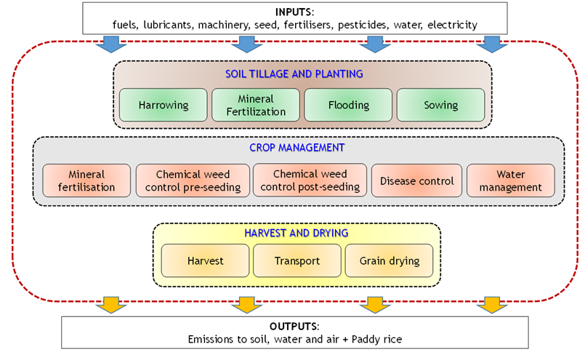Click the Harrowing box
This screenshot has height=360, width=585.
[x=163, y=105]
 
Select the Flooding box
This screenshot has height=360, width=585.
[x=348, y=105]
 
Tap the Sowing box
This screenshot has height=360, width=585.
[x=440, y=105]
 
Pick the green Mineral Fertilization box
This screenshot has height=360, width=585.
[x=256, y=105]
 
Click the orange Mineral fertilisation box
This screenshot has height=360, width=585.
[x=86, y=180]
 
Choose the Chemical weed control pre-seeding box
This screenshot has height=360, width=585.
[x=193, y=180]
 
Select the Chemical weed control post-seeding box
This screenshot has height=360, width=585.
[x=310, y=180]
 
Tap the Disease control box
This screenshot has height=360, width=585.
[x=416, y=180]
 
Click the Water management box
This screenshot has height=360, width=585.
[x=511, y=180]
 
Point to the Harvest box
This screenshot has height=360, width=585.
[x=205, y=260]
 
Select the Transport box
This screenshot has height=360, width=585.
[x=297, y=260]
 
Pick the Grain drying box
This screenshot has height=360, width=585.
[x=389, y=260]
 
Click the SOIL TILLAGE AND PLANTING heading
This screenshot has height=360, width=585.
[x=294, y=74]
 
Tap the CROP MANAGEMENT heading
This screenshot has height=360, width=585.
[x=297, y=148]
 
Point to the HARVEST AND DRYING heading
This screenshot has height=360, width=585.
[x=296, y=233]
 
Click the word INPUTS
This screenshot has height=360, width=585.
[x=294, y=12]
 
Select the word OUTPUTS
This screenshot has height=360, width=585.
[x=294, y=327]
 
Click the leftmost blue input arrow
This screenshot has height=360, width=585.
[x=111, y=44]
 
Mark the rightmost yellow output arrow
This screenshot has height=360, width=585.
[x=492, y=305]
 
